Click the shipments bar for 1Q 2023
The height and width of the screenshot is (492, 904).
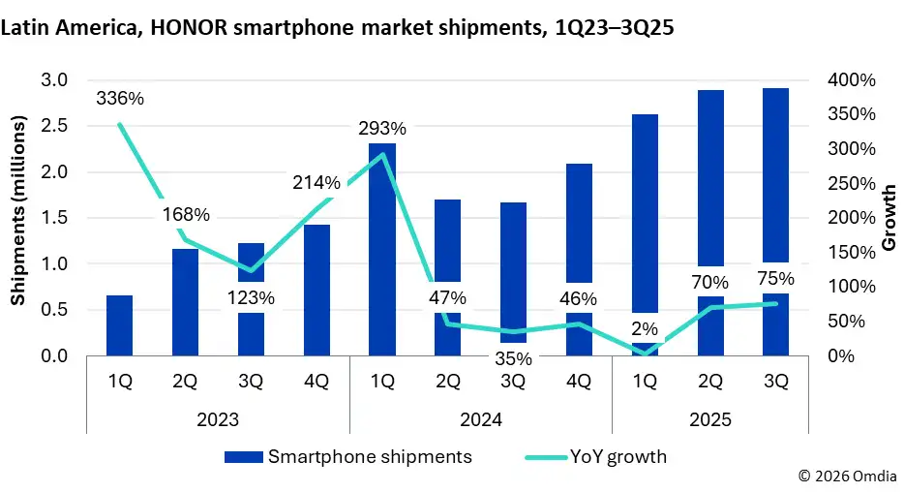coord(119,325)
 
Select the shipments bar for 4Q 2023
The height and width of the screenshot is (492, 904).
coord(316,291)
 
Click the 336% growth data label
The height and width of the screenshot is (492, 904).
coord(119,98)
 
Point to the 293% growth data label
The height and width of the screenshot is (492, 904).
coord(381,128)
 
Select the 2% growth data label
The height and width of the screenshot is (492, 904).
coord(644,327)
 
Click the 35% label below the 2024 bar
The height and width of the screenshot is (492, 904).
coord(513,358)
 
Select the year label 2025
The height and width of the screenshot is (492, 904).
coord(709,420)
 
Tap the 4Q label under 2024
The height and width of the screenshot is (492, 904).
coord(578,382)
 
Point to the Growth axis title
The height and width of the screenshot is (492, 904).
coord(889,217)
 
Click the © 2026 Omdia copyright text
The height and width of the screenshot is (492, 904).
coord(847,477)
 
